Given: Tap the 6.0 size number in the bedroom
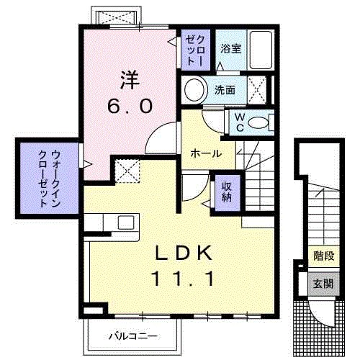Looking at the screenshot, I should [129, 107].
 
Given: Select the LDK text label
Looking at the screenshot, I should [183, 253].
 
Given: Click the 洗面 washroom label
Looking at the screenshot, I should [225, 90].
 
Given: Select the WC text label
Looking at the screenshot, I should [239, 122].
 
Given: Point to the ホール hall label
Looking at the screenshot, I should [206, 153].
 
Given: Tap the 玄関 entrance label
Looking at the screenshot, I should [323, 284].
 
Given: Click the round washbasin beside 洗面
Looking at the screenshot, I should [195, 91].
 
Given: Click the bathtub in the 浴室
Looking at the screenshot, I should [260, 49].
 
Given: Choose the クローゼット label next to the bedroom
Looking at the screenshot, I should [197, 50].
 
